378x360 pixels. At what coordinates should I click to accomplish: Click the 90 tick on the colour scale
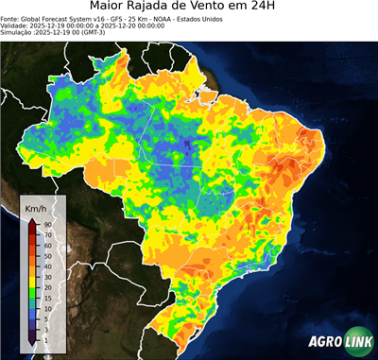[x=46, y=224]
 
